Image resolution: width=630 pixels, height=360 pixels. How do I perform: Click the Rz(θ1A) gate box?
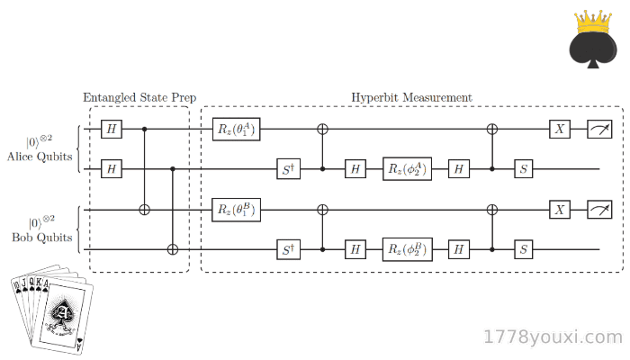pyautogui.click(x=236, y=130)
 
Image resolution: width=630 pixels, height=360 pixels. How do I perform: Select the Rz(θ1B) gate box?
pyautogui.click(x=236, y=210)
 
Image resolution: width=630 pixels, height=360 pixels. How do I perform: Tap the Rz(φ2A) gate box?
pyautogui.click(x=407, y=169)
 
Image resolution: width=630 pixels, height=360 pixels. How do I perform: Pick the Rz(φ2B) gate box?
pyautogui.click(x=408, y=249)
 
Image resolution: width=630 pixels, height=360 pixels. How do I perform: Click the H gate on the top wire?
pyautogui.click(x=112, y=129)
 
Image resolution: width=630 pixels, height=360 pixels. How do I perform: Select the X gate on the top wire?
pyautogui.click(x=560, y=129)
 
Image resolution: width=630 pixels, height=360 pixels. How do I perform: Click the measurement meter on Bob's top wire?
pyautogui.click(x=600, y=210)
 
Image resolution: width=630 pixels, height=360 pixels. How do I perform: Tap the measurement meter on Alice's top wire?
pyautogui.click(x=600, y=129)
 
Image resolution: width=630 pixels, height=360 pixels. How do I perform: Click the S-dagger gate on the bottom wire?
pyautogui.click(x=289, y=249)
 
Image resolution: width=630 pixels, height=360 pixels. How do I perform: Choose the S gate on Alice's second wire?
pyautogui.click(x=524, y=169)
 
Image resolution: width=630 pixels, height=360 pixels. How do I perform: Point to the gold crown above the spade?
pyautogui.click(x=593, y=22)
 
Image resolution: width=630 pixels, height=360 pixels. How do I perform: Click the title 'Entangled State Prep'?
pyautogui.click(x=139, y=97)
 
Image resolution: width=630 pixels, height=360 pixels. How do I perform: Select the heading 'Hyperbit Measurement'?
pyautogui.click(x=412, y=97)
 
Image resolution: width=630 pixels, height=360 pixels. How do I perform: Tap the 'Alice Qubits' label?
pyautogui.click(x=40, y=157)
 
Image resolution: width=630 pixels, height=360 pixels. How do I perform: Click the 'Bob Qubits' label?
pyautogui.click(x=42, y=238)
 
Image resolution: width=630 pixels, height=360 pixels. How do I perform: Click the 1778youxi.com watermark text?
pyautogui.click(x=553, y=337)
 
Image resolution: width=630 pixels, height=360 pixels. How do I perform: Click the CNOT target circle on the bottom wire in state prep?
pyautogui.click(x=173, y=249)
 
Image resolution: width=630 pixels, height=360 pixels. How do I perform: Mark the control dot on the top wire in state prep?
pyautogui.click(x=145, y=129)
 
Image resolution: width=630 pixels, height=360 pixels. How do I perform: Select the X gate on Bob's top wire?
pyautogui.click(x=560, y=210)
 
